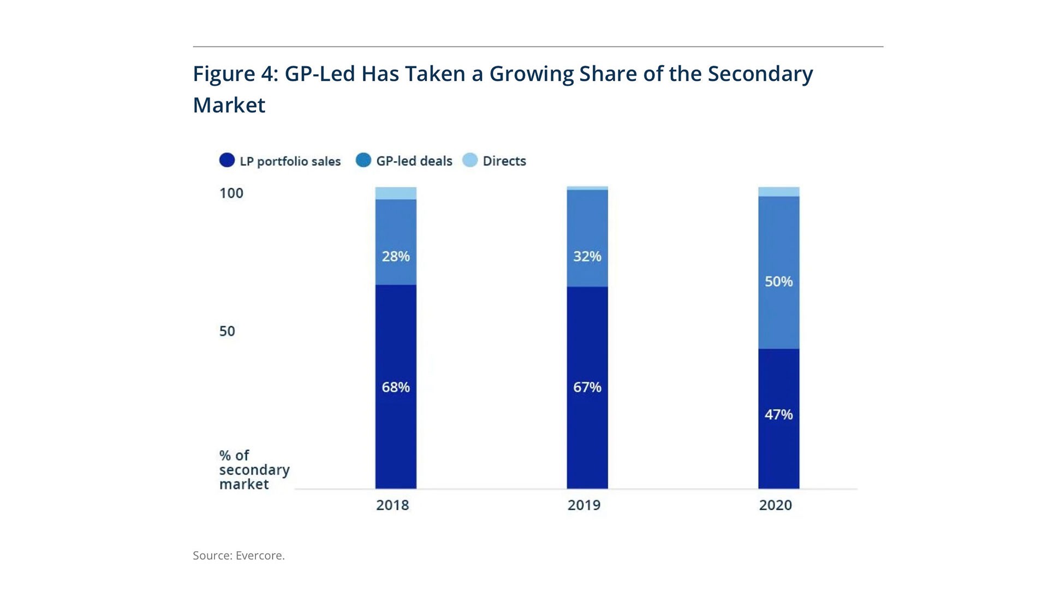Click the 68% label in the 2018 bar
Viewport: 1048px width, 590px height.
pyautogui.click(x=396, y=387)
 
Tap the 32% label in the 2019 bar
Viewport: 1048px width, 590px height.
pyautogui.click(x=587, y=256)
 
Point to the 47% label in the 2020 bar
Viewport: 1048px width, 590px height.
pyautogui.click(x=779, y=415)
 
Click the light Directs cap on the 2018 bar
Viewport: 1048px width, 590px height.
pyautogui.click(x=396, y=193)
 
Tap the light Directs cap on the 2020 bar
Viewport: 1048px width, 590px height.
pyautogui.click(x=779, y=192)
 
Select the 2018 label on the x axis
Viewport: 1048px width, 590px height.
pyautogui.click(x=392, y=505)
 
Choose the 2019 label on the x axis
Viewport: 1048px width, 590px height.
pyautogui.click(x=584, y=505)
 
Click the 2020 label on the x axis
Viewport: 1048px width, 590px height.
pyautogui.click(x=776, y=505)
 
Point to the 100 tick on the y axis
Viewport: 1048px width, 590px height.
pyautogui.click(x=231, y=193)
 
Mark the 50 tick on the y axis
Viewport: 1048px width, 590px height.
pyautogui.click(x=227, y=331)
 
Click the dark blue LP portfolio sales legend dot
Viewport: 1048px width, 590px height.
pyautogui.click(x=227, y=160)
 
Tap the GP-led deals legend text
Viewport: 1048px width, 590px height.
pyautogui.click(x=414, y=161)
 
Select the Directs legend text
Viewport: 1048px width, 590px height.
pyautogui.click(x=504, y=161)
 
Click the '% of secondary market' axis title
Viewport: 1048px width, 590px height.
pyautogui.click(x=254, y=470)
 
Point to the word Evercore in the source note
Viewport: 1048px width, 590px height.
pyautogui.click(x=260, y=556)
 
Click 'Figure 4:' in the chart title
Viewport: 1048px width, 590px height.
pyautogui.click(x=236, y=74)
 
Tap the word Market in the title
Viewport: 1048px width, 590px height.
pyautogui.click(x=229, y=105)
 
